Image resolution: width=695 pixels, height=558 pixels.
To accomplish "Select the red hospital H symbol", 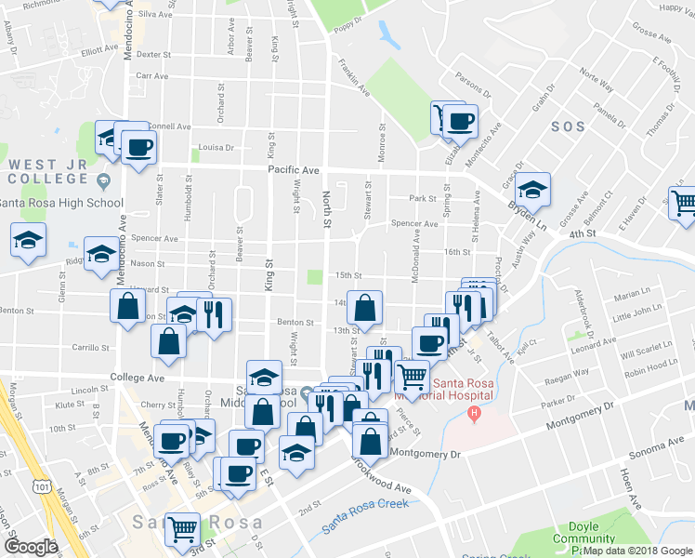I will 475,413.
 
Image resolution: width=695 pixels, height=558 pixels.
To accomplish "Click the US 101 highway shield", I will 40,485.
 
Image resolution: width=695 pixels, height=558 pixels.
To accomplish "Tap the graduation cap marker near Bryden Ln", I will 532,190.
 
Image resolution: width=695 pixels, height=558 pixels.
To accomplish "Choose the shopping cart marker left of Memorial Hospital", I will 412,378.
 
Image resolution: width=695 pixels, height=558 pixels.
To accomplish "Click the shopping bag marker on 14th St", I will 368,307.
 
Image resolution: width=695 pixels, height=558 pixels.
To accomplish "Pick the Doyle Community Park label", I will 583,538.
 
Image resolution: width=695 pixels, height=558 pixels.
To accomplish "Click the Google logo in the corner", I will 31,546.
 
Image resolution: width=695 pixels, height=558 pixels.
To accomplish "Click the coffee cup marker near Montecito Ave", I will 459,121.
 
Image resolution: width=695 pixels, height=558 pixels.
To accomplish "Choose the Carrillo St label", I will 92,348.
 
